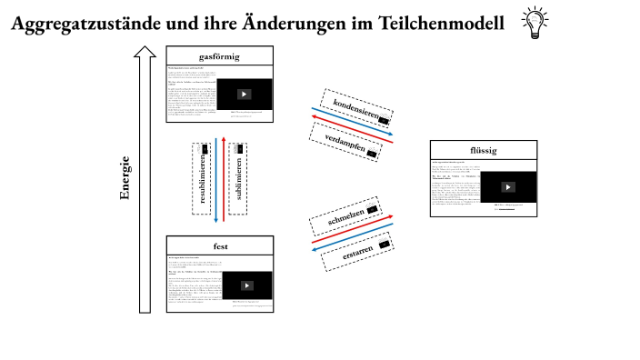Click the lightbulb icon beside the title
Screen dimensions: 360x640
533,24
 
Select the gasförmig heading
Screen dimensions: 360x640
219,56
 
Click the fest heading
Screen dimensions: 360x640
220,245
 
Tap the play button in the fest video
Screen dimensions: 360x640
247,284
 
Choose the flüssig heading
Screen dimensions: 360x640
484,151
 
